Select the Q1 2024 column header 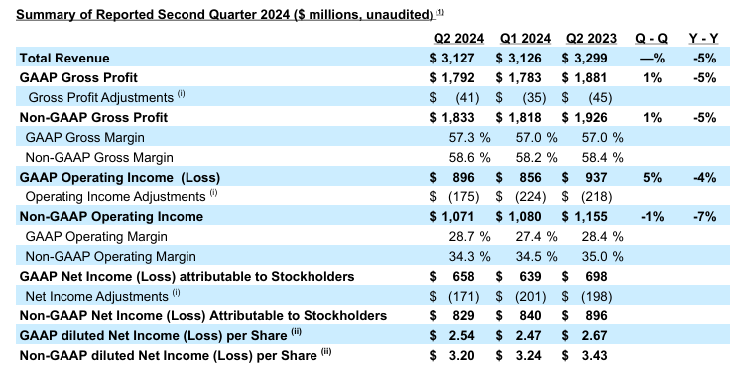pyautogui.click(x=525, y=38)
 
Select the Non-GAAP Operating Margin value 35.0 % pyautogui.click(x=599, y=256)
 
